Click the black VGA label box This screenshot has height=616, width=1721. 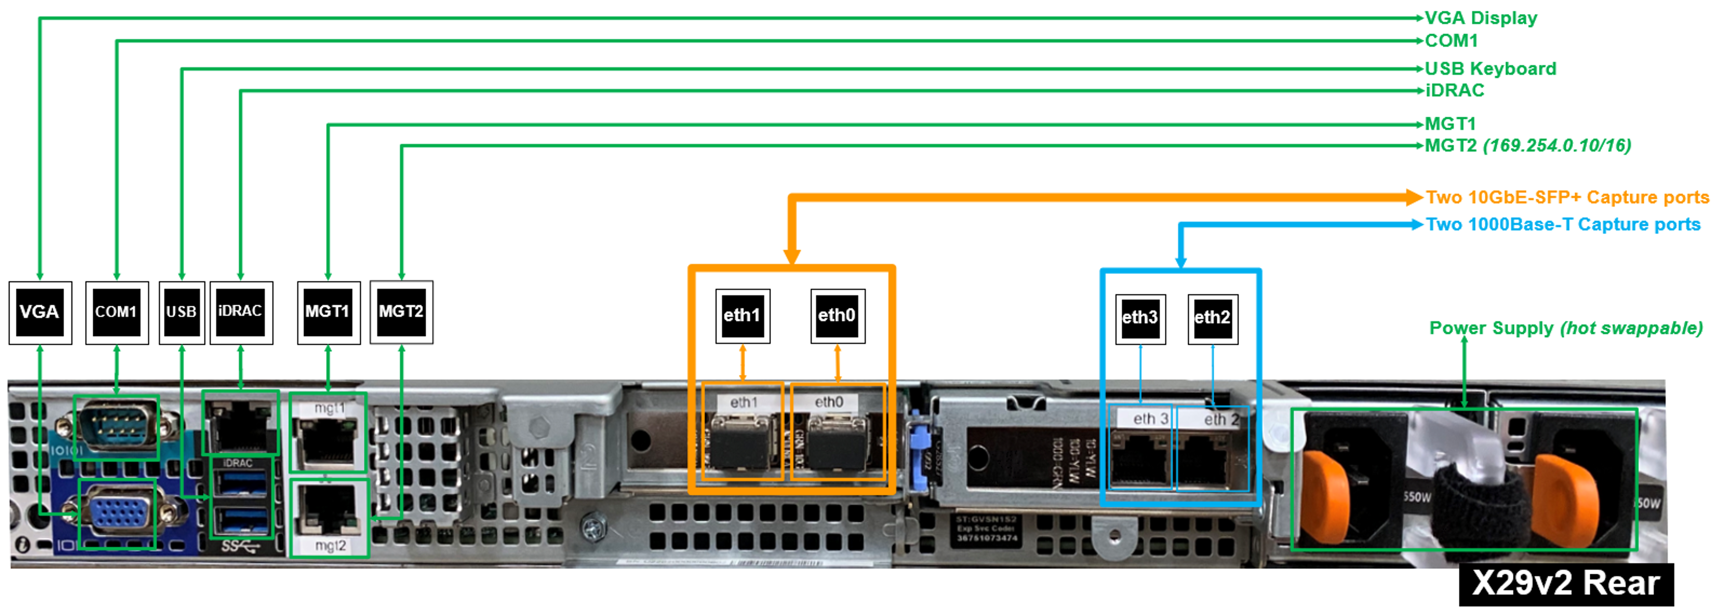[x=40, y=313]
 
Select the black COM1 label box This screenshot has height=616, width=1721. [x=117, y=313]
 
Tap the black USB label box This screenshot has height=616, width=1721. [x=182, y=313]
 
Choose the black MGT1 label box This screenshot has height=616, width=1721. [x=328, y=313]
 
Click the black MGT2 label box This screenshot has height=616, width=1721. [x=402, y=313]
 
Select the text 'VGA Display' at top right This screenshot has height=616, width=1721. [x=1481, y=18]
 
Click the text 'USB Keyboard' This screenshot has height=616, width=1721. [x=1491, y=69]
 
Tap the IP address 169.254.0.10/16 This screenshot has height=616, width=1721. [x=1557, y=146]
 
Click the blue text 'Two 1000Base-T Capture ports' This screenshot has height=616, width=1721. [x=1563, y=224]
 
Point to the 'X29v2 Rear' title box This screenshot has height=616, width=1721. [x=1566, y=584]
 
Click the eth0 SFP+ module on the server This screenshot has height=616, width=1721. [x=838, y=442]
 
